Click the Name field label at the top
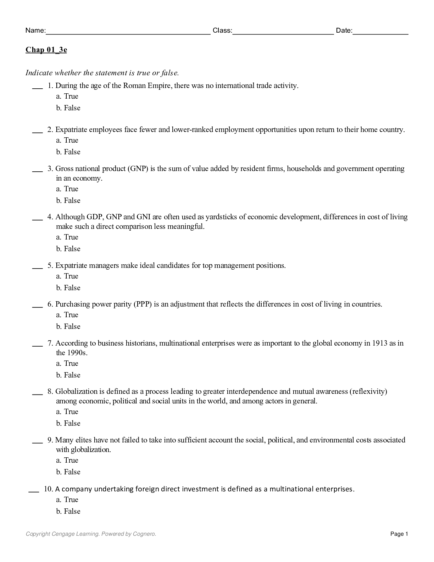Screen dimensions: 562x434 (x=35, y=31)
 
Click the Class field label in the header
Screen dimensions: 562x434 (x=222, y=31)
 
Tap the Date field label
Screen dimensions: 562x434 (x=344, y=31)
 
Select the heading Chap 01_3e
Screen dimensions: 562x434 (x=46, y=50)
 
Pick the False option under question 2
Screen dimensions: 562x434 (x=68, y=152)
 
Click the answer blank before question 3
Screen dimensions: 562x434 (x=37, y=169)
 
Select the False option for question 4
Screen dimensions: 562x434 (x=68, y=249)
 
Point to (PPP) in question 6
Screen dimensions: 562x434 (x=143, y=304)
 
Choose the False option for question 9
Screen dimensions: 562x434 (x=68, y=472)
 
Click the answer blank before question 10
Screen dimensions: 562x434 (x=33, y=490)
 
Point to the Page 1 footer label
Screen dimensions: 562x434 (x=399, y=534)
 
